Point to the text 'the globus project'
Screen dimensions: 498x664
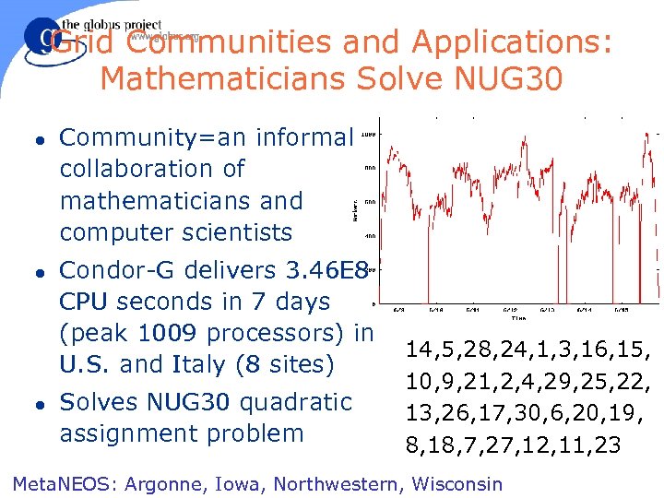112,26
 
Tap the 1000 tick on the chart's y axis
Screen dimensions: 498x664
368,135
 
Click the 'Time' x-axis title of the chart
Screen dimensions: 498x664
518,317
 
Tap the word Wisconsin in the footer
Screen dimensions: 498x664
457,483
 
